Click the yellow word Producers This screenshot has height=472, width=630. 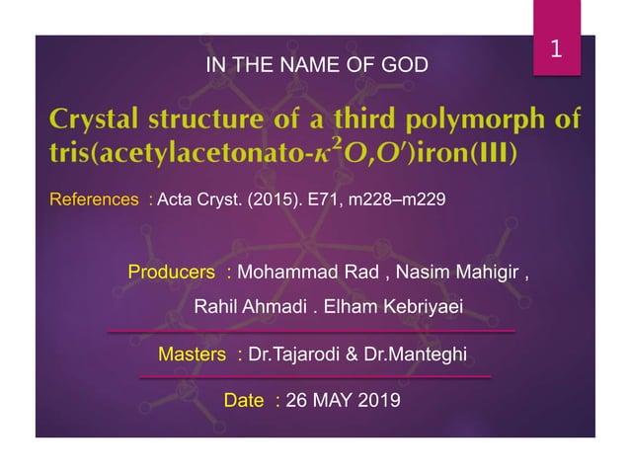(173, 271)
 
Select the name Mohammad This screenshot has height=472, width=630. (283, 271)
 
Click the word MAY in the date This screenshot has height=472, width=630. (331, 400)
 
